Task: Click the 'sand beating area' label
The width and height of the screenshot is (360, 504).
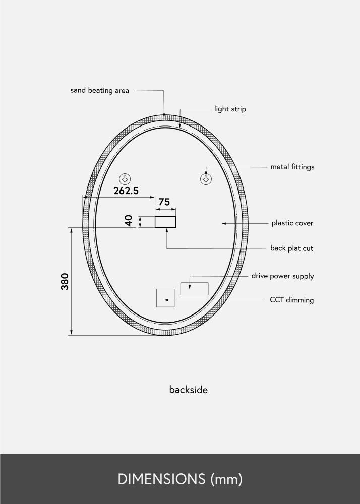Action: (99, 91)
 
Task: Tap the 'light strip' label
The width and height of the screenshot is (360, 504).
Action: (230, 109)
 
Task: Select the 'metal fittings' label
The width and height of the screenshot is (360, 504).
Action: (292, 167)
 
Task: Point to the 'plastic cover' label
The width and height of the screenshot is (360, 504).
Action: (292, 223)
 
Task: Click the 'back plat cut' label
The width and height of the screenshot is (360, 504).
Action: (291, 248)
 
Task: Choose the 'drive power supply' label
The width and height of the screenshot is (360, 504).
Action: (282, 276)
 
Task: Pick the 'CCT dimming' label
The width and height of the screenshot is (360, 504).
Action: (291, 300)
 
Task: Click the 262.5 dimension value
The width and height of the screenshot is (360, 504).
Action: (126, 191)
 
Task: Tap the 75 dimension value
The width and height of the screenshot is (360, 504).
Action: (164, 202)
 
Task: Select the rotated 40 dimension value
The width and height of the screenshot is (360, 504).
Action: (129, 221)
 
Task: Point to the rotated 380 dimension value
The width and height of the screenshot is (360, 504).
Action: (65, 281)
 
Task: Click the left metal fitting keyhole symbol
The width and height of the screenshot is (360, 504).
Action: (125, 179)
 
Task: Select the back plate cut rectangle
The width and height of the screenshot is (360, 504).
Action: (165, 222)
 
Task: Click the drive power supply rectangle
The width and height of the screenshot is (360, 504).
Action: (195, 289)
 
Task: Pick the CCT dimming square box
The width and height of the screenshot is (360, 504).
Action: (165, 298)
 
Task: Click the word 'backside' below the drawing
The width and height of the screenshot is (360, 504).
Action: (188, 390)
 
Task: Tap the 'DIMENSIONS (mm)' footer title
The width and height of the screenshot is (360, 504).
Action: (180, 479)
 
